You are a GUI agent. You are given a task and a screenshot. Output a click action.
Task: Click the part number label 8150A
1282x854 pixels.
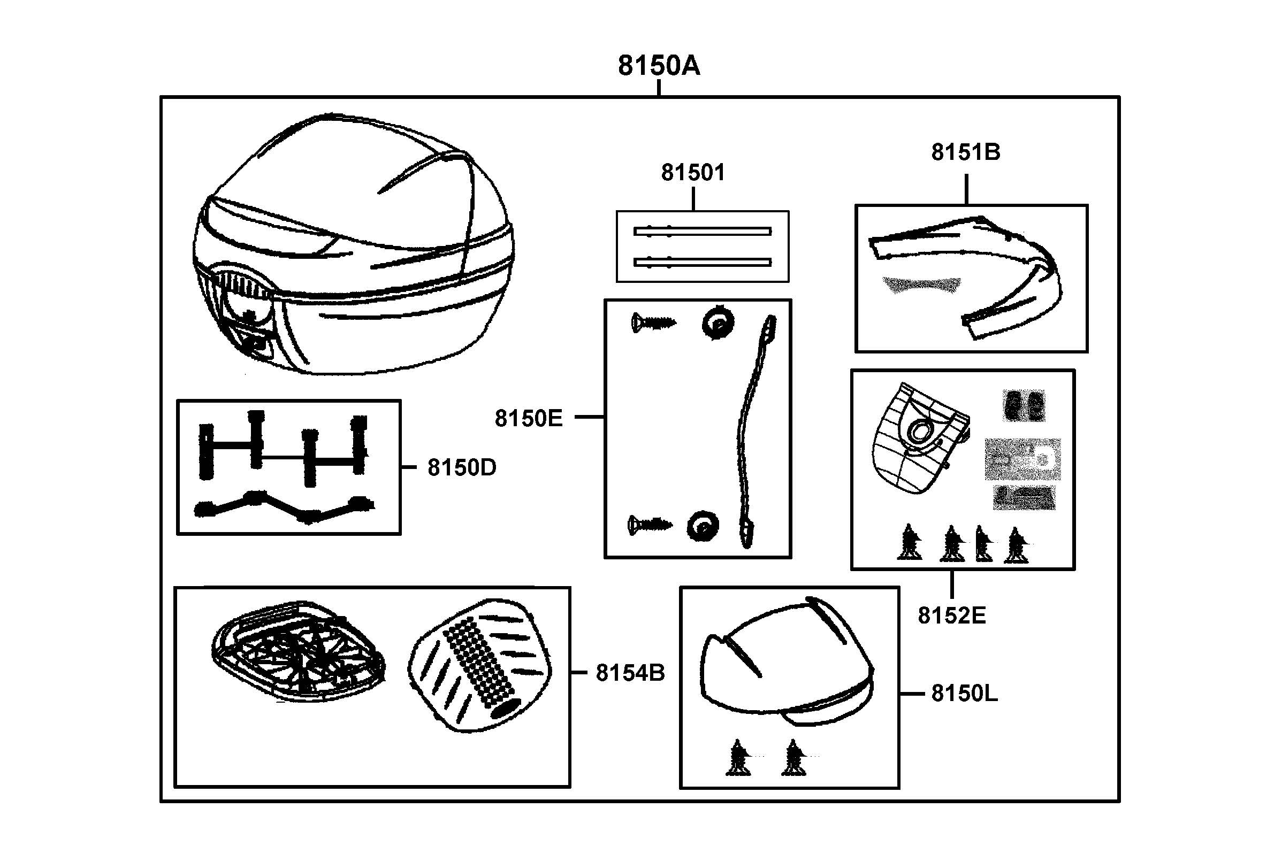coord(658,66)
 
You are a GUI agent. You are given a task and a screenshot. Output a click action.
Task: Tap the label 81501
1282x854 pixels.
coord(692,173)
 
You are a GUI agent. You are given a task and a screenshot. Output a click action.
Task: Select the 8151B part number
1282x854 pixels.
coord(965,152)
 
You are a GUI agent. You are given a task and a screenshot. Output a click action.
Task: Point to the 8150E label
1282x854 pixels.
coord(528,418)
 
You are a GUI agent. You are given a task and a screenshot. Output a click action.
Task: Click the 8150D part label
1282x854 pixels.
coord(461,467)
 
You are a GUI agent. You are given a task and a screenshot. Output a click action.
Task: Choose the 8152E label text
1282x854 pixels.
coord(951,616)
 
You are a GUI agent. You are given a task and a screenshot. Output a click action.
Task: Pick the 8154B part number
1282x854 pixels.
coord(630,673)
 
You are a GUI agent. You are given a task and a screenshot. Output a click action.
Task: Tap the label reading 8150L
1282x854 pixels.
coord(964,694)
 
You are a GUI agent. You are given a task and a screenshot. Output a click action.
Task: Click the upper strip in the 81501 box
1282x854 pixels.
coord(702,232)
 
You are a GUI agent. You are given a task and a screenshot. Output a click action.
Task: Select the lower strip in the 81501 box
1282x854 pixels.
coord(702,262)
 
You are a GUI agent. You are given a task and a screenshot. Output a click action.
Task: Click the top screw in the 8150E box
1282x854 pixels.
coord(652,324)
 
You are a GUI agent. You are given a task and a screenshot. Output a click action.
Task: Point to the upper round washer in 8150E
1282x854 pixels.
coord(718,324)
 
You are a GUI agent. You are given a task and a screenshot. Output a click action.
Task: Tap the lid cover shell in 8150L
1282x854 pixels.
coord(784,665)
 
